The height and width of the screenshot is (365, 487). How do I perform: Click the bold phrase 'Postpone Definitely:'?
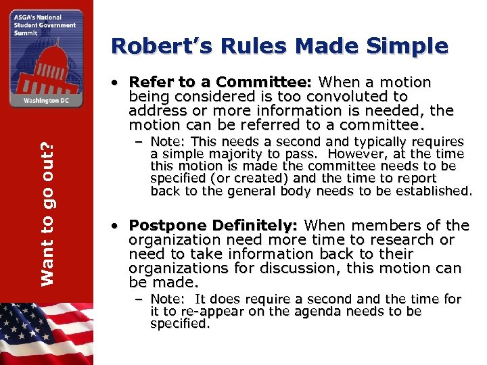[x=216, y=226]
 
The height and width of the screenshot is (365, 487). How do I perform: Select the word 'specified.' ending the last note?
[x=180, y=323]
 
